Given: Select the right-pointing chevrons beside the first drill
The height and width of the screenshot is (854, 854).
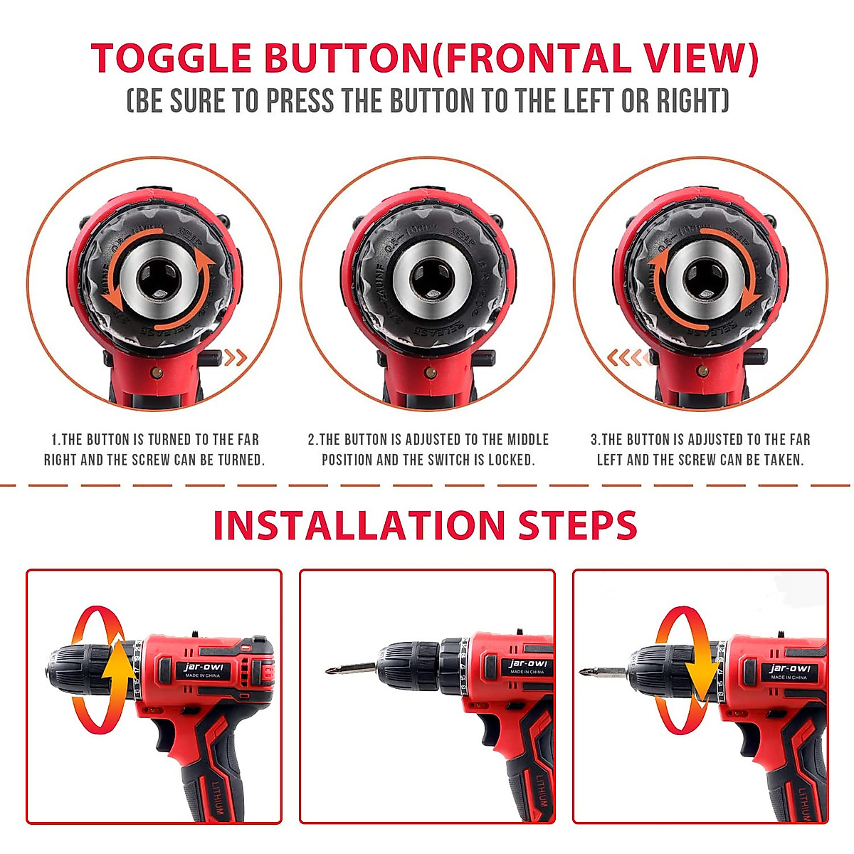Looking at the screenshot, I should [x=236, y=357].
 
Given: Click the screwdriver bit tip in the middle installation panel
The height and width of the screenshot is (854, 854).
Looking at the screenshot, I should [x=330, y=670].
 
